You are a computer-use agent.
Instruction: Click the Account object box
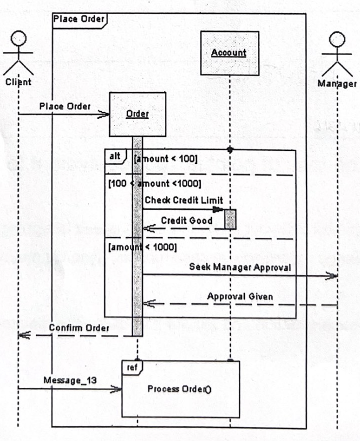pyautogui.click(x=230, y=52)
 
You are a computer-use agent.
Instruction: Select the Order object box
pyautogui.click(x=137, y=114)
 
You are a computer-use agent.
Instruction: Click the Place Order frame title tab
pyautogui.click(x=79, y=19)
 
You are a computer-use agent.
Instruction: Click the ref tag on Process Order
pyautogui.click(x=130, y=367)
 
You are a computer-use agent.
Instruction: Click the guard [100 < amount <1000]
pyautogui.click(x=155, y=184)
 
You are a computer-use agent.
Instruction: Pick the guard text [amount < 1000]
pyautogui.click(x=143, y=247)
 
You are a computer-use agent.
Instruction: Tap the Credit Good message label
pyautogui.click(x=186, y=220)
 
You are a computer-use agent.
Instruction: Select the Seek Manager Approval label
pyautogui.click(x=240, y=267)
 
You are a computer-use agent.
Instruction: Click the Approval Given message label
pyautogui.click(x=240, y=297)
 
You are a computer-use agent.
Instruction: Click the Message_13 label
pyautogui.click(x=70, y=380)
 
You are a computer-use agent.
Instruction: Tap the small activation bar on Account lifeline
pyautogui.click(x=230, y=219)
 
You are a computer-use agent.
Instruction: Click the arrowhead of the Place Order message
pyautogui.click(x=104, y=115)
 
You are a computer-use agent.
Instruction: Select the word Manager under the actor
pyautogui.click(x=337, y=84)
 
